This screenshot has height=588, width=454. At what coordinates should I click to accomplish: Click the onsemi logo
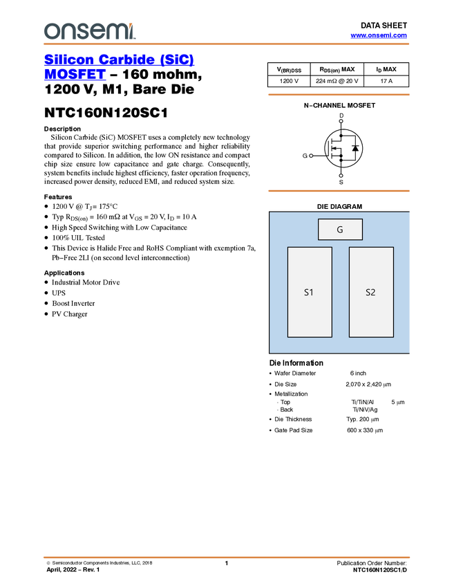pos(90,31)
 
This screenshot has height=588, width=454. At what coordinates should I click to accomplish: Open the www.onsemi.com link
pos(379,35)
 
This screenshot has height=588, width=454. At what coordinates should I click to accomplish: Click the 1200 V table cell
pos(289,81)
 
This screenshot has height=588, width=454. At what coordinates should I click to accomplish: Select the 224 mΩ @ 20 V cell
pos(337,81)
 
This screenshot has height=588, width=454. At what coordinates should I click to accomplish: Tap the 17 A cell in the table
pos(386,81)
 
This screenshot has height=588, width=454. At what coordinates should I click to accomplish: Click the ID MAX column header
pos(386,69)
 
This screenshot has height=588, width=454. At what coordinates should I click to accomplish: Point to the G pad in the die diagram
pos(340,229)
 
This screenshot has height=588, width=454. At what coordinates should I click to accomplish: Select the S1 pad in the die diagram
pos(310,292)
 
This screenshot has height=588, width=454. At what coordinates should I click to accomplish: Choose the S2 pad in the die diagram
pos(371,292)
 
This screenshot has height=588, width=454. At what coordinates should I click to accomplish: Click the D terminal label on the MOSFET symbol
pos(341,116)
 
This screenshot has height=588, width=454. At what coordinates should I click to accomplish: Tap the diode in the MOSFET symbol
pos(355,148)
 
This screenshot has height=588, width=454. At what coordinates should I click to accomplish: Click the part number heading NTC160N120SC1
pos(106,113)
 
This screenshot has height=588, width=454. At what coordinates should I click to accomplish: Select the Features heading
pos(58,197)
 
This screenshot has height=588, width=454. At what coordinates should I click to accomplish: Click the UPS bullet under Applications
pos(59,293)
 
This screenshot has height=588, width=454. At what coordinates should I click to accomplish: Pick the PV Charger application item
pos(69,314)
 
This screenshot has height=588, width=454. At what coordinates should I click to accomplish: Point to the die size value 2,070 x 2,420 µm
pos(368,385)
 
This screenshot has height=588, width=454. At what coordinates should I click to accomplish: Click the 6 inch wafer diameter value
pos(358,373)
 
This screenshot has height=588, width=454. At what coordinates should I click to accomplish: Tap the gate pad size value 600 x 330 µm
pos(365,430)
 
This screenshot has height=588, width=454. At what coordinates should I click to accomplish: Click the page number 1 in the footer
pos(226,563)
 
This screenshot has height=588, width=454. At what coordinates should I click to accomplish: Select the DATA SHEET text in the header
pos(384,26)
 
